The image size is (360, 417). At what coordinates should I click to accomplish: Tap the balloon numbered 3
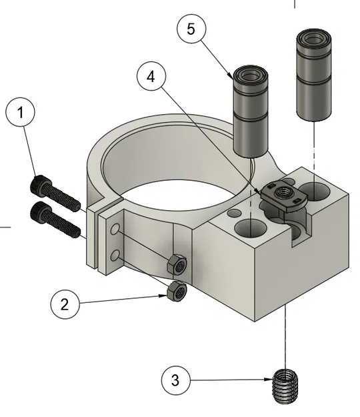coord(176,382)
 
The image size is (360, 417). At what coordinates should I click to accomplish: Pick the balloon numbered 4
coord(151,77)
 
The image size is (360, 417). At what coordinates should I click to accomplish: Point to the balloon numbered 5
coord(192,29)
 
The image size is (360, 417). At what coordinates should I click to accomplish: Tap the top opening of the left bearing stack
coord(250,75)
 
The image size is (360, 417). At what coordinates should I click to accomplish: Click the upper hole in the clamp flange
coord(117,230)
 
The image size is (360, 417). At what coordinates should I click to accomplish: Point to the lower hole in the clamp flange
coord(117,255)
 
